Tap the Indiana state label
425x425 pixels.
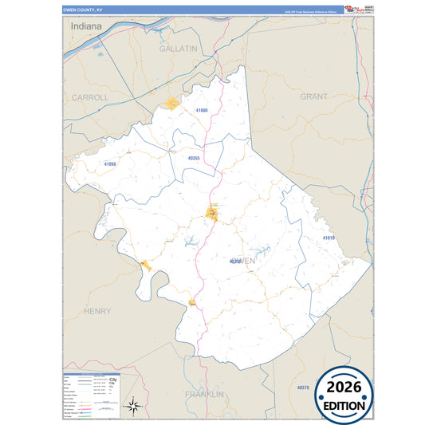click(86, 26)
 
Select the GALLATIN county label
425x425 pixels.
click(178, 49)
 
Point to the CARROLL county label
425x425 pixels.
click(90, 97)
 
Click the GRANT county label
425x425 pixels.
click(313, 96)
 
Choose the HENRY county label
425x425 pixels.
click(97, 311)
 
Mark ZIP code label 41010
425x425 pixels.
click(329, 238)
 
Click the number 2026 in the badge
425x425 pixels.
click(344, 386)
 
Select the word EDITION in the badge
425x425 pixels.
click(344, 405)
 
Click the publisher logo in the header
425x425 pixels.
click(352, 9)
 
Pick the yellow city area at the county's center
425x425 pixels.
click(213, 213)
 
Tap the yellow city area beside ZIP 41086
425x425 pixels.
click(173, 103)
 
